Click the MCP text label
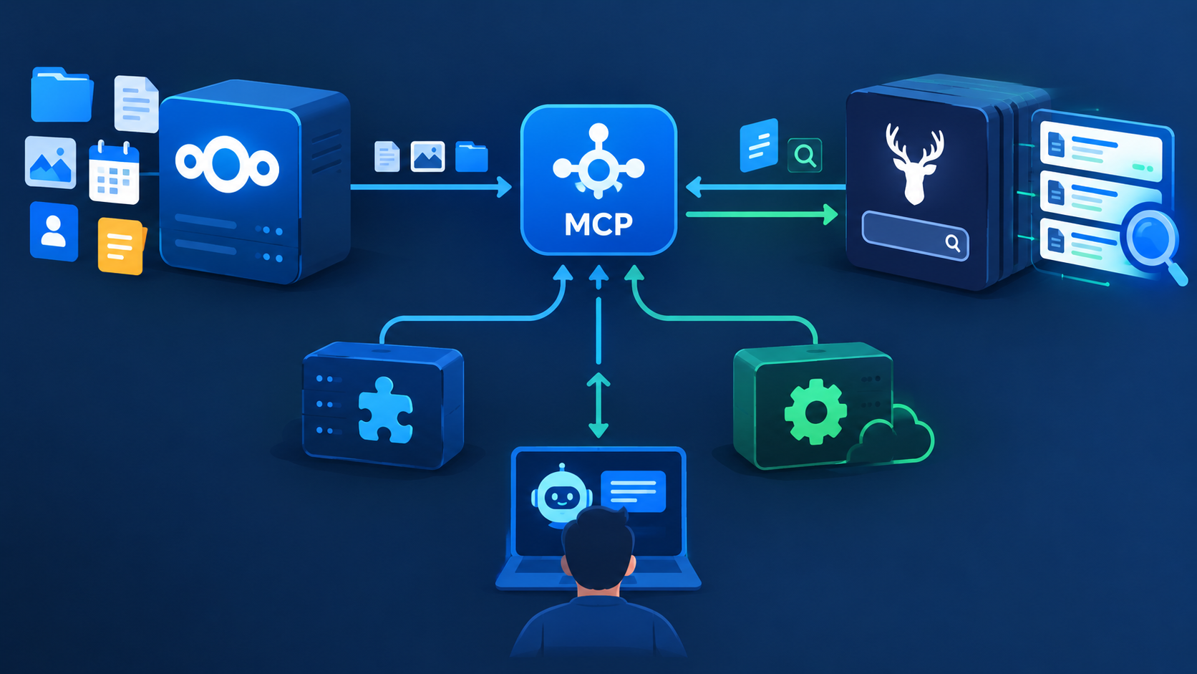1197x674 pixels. coord(598,224)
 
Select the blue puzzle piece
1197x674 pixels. coord(385,410)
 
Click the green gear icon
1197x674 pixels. coord(815,412)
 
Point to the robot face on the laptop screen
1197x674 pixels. coord(561,494)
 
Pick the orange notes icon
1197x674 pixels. coord(121,246)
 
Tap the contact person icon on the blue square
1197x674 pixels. coord(54,231)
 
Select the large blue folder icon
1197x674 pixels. coord(62,95)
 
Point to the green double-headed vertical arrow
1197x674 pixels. coord(598,405)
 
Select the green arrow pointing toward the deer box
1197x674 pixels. coord(762,214)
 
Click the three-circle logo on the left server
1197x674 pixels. coord(227,164)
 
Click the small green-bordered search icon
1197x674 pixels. coord(805,155)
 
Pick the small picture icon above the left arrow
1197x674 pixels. coord(427,156)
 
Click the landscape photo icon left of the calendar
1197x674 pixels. coord(50,163)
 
